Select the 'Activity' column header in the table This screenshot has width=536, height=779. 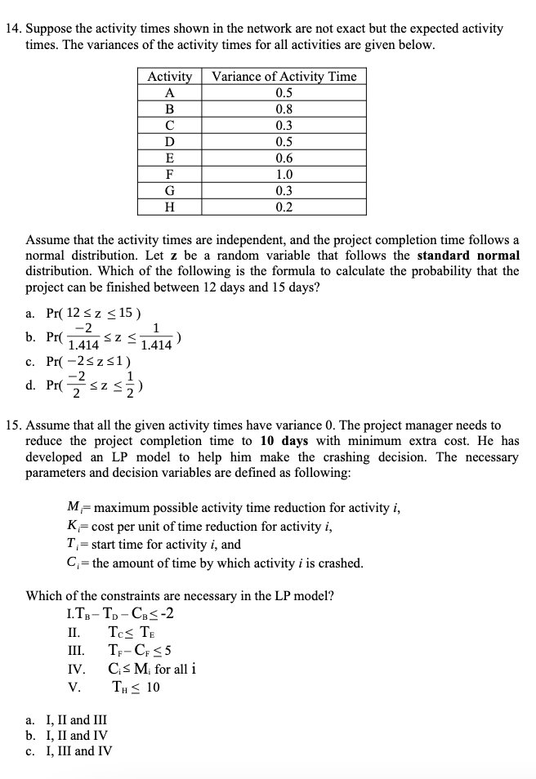pos(169,76)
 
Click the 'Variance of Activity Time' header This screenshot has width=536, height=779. pos(284,76)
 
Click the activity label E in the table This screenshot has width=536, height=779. pos(169,158)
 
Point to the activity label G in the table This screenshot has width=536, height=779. pos(169,190)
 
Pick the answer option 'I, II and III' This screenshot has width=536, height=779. pos(74,720)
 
